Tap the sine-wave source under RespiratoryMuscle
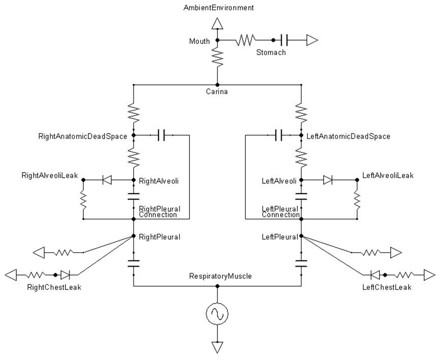pos(217,314)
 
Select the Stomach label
pos(271,52)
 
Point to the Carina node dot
pos(217,85)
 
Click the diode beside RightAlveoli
pos(107,180)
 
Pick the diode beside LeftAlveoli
pos(327,180)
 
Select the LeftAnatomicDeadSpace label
pos(349,137)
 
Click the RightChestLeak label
pos(54,287)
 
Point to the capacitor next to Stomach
pos(284,40)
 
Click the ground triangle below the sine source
pos(217,347)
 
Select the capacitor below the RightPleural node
pos(133,264)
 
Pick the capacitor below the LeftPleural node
pos(301,264)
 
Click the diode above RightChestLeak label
pos(66,275)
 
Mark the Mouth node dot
pos(217,40)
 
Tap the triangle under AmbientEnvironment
pos(217,23)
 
